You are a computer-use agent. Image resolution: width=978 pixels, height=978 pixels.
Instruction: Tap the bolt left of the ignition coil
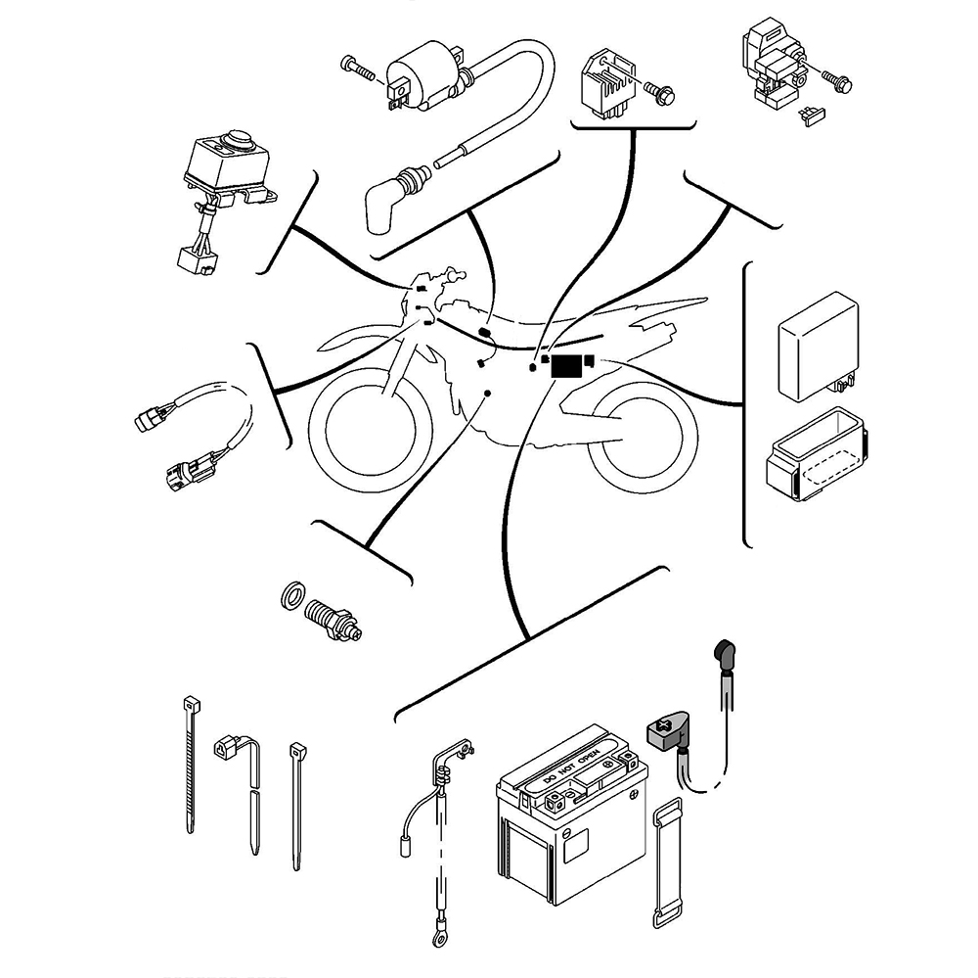356,68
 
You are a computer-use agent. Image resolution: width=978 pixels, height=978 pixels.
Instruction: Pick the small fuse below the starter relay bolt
811,116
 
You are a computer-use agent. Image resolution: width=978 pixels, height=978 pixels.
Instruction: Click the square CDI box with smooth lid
817,343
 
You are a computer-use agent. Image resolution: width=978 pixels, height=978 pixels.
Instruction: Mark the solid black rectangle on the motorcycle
566,366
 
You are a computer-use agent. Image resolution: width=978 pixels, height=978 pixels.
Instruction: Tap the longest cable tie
190,764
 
